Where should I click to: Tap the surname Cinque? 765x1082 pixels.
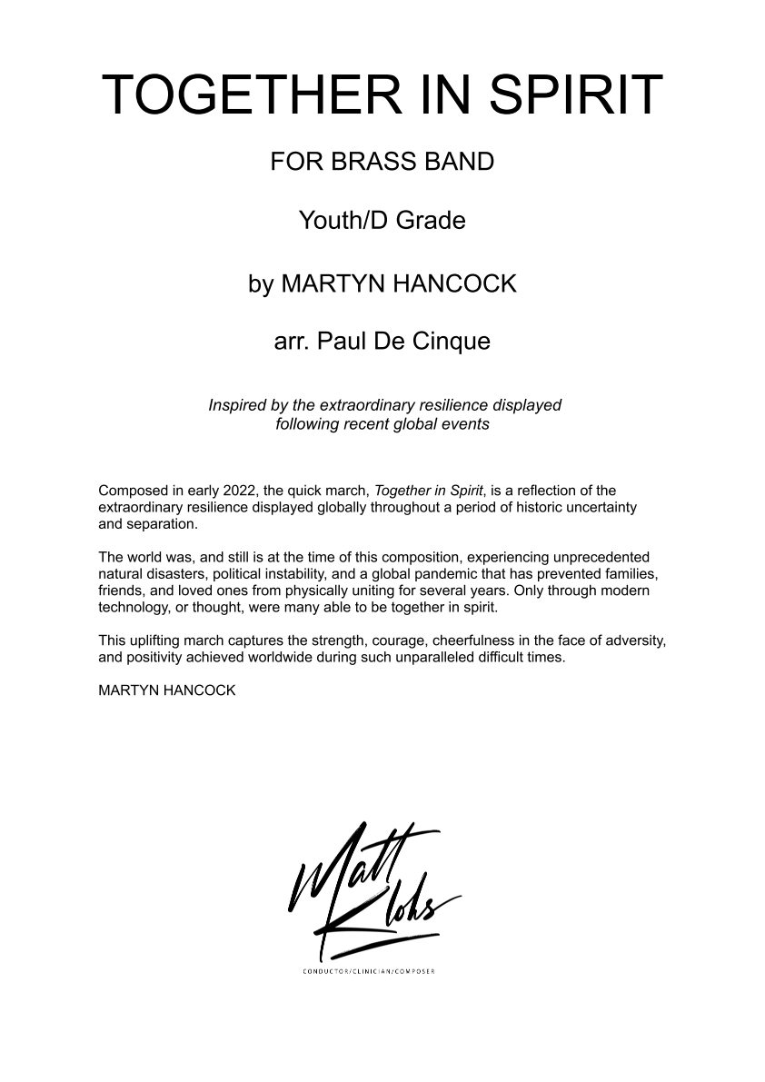452,342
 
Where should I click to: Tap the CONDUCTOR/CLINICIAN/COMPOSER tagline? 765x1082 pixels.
369,972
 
